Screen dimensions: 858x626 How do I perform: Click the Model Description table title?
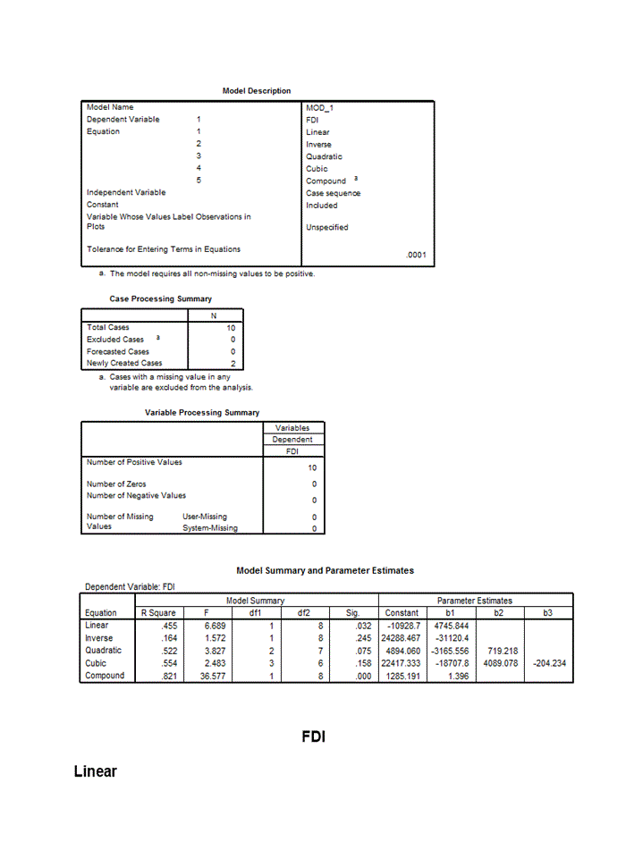click(x=257, y=91)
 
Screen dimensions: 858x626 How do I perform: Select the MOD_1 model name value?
click(x=319, y=107)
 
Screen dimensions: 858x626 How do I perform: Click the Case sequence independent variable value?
click(x=333, y=193)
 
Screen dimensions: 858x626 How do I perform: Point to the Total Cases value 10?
click(x=231, y=328)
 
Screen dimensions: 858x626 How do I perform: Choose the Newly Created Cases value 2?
click(x=233, y=364)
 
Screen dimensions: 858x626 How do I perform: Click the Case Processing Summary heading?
click(x=161, y=299)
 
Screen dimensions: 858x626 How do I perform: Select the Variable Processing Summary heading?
click(x=202, y=413)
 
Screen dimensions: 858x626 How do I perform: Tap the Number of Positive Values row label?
click(x=134, y=462)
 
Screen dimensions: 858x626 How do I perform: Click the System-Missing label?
click(x=210, y=528)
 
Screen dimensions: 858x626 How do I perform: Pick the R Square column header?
click(x=158, y=613)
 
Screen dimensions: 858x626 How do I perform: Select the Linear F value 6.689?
click(x=215, y=626)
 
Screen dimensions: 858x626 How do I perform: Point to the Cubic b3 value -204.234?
click(x=549, y=663)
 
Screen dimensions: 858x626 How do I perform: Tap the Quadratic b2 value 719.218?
click(x=499, y=651)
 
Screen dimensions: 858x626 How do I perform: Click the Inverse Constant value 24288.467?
click(x=401, y=638)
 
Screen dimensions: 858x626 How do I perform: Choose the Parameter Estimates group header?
click(x=474, y=601)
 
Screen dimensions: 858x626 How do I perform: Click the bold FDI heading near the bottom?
click(x=313, y=737)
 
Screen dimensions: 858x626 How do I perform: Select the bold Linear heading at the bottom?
click(x=96, y=771)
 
